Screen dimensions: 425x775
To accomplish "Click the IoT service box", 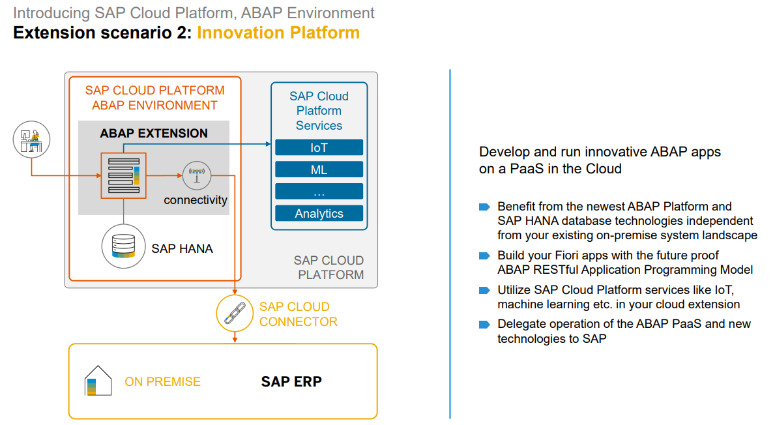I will point(319,147).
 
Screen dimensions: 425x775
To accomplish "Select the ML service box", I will point(319,169).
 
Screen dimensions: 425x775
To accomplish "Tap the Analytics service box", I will point(319,213).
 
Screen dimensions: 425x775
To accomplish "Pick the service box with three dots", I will point(319,192).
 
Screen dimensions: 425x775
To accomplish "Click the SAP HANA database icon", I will point(123,246).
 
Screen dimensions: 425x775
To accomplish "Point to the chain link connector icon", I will point(234,313).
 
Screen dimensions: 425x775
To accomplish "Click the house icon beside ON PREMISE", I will point(94,381).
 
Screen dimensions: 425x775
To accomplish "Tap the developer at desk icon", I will point(31,139).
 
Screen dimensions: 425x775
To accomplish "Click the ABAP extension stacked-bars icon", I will point(123,175).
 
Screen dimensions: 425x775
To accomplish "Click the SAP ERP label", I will point(291,381).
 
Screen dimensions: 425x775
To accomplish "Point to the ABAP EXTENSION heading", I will point(154,133).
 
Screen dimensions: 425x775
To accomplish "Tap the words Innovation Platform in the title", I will point(278,33).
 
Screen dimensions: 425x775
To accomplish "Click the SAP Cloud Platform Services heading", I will point(319,111).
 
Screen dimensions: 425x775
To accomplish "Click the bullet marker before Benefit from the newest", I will point(484,207).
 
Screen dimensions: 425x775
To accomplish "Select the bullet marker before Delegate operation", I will point(484,324).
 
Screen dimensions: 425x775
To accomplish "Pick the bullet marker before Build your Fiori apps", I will point(484,256).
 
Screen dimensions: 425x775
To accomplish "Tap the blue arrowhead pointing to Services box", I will point(268,143).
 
